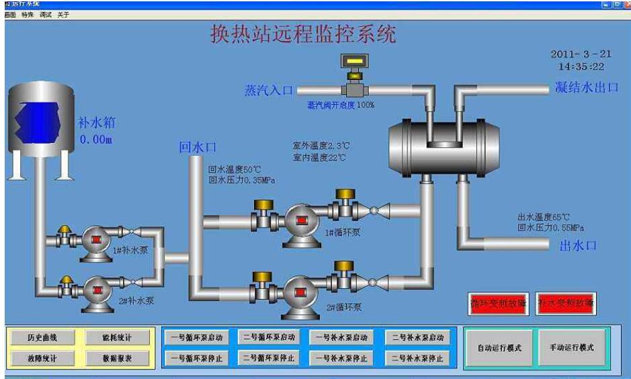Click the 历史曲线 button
tap(42, 337)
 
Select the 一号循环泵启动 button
tap(196, 337)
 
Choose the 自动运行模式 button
tap(499, 348)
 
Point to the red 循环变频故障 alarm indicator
tap(498, 303)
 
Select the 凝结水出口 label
tap(586, 87)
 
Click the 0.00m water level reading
tap(95, 140)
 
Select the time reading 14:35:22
tap(581, 67)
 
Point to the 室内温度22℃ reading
tap(319, 157)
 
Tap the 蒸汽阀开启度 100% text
tap(341, 105)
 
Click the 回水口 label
tap(198, 148)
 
